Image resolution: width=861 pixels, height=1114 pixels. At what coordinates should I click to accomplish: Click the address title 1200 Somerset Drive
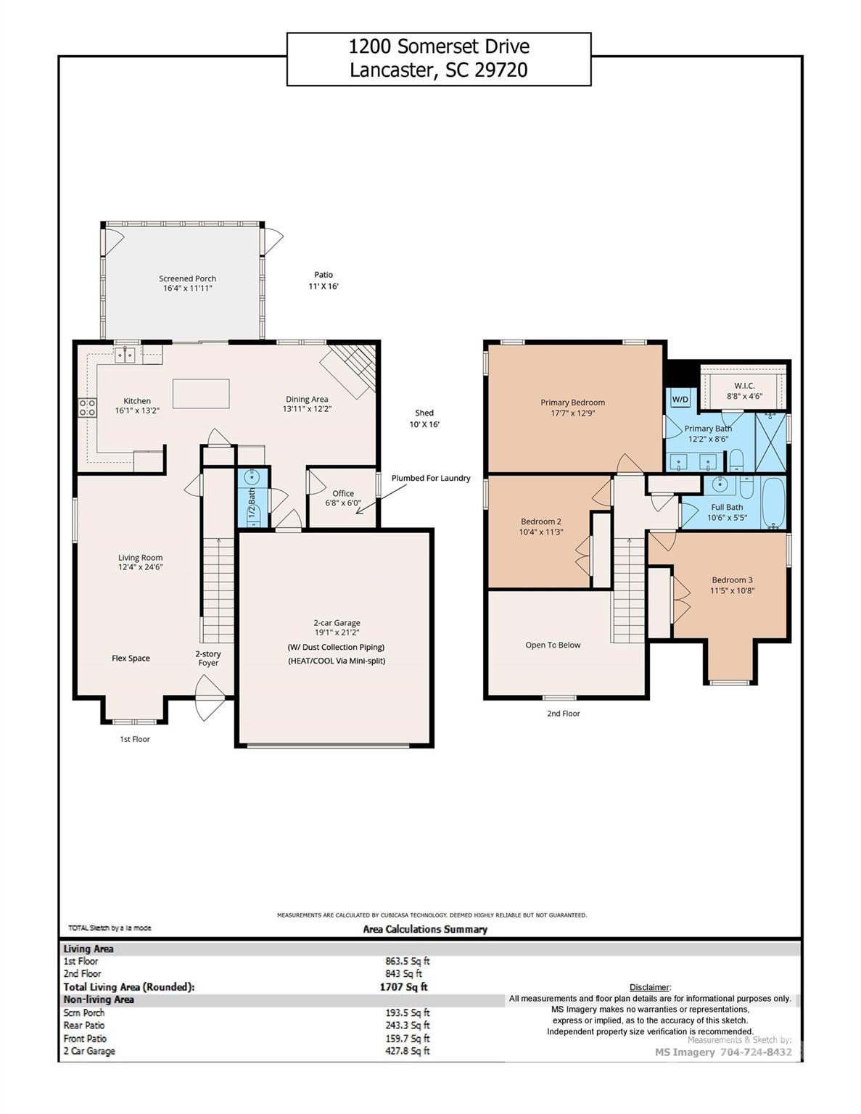coord(439,47)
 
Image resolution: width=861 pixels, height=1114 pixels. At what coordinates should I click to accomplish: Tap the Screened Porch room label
coord(187,278)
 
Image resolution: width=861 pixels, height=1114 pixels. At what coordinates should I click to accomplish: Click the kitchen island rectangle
coord(201,394)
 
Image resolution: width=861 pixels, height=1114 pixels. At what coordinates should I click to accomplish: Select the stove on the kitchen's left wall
coord(87,408)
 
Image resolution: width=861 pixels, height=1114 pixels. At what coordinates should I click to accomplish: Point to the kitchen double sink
coord(127,355)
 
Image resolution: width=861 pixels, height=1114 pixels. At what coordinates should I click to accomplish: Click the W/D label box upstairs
coord(680,400)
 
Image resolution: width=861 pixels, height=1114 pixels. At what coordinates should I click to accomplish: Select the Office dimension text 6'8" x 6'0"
coord(343,503)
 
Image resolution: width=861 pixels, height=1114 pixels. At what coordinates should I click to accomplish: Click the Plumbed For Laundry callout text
coord(431,478)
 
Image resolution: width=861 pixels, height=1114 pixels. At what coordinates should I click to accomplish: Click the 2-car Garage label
coord(337,622)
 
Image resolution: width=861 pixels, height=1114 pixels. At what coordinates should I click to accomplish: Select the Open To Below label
coord(553,645)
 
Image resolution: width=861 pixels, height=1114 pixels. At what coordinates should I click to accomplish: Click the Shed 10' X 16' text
coord(424,418)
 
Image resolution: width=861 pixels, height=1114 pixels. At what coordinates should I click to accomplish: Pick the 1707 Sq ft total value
coord(403,987)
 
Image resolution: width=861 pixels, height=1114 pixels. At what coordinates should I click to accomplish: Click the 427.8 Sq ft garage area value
coord(407,1051)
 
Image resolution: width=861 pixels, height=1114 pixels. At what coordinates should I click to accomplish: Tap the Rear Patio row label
coord(84,1026)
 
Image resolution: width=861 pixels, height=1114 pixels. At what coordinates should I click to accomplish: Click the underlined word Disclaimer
coord(649,987)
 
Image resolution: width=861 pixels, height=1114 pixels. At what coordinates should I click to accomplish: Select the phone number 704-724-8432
coord(756,1052)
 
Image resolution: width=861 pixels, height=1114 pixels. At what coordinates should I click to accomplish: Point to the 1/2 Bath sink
coord(253,478)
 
